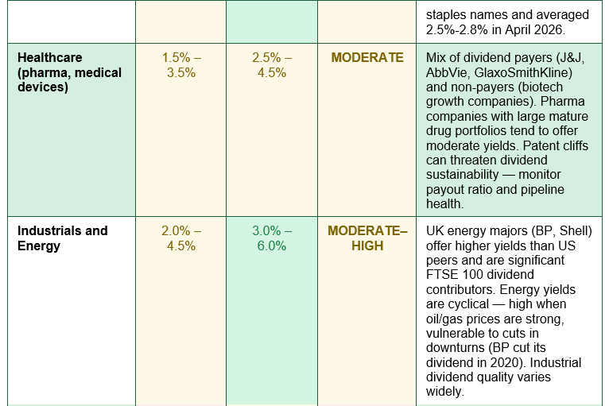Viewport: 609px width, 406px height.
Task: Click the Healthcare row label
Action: click(x=69, y=72)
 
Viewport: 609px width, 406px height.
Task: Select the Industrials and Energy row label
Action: click(x=63, y=238)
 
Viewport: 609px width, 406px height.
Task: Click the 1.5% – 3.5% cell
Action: click(x=181, y=65)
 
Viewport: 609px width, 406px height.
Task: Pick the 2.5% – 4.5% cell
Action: click(x=272, y=65)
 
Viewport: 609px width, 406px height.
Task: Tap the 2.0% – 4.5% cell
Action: click(x=181, y=238)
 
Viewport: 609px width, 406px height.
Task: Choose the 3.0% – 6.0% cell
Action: click(x=272, y=238)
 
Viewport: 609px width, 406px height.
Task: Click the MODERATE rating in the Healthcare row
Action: click(x=367, y=57)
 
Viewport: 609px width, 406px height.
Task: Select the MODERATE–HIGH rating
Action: click(x=367, y=238)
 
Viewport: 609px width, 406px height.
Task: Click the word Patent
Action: click(x=539, y=145)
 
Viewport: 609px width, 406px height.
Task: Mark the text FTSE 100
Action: click(x=454, y=274)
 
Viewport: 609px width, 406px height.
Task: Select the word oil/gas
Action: click(x=444, y=319)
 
